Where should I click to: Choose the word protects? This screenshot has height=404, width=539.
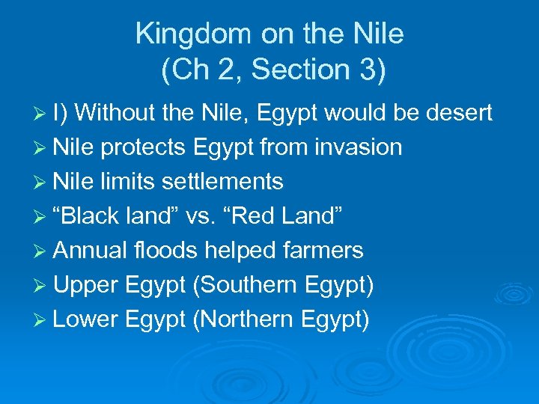(142, 147)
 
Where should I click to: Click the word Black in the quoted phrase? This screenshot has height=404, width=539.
(93, 216)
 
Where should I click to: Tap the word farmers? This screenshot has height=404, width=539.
(326, 251)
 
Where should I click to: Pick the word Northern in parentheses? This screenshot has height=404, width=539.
(247, 319)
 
